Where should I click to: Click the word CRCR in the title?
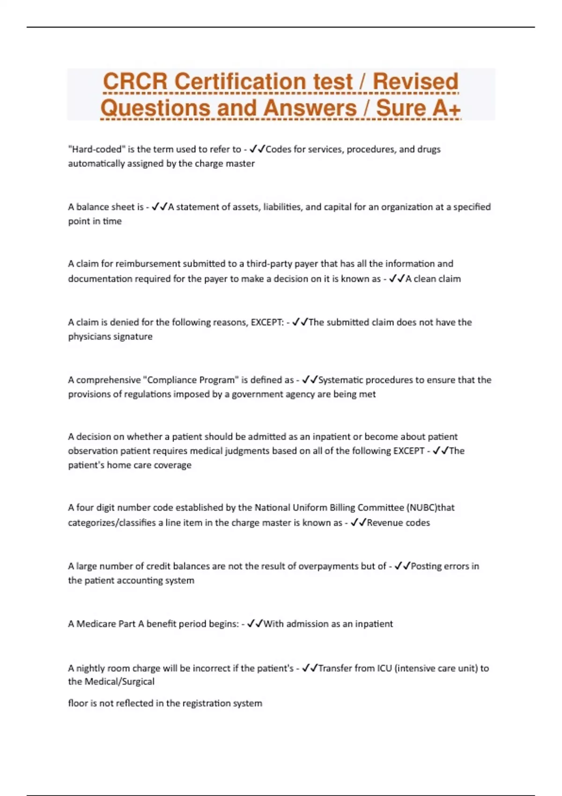tap(135, 81)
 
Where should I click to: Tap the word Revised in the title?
tap(415, 81)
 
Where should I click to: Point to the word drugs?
tap(429, 149)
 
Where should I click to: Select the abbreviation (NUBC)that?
tap(430, 508)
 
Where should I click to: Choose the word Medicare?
tap(96, 624)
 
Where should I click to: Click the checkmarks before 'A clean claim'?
tap(397, 279)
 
